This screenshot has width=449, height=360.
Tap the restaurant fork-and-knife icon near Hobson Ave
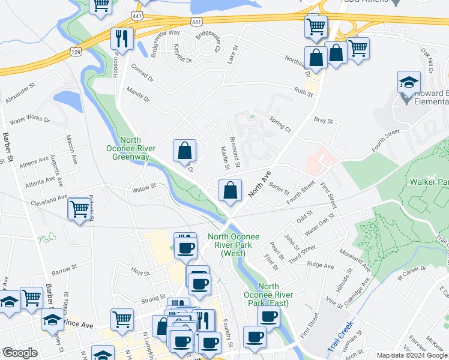[x=122, y=39]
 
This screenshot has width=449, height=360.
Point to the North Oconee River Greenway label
[x=139, y=149]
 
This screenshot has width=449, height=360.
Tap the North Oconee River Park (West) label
[x=234, y=245]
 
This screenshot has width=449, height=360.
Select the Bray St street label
[x=324, y=121]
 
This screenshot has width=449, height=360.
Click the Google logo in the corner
[x=20, y=353]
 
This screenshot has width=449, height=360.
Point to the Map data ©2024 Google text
[x=411, y=355]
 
